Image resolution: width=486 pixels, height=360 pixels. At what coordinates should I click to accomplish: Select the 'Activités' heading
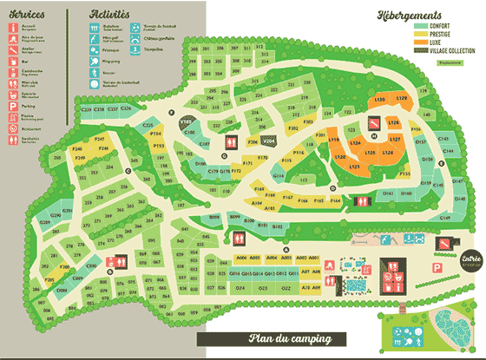110,15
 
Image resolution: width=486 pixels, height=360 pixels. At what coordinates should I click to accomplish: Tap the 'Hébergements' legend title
411,15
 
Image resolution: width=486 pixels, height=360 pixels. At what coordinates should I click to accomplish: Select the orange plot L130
379,101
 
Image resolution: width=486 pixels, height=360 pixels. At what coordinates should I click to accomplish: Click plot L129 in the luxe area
401,99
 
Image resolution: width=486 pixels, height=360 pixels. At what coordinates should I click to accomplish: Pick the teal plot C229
86,109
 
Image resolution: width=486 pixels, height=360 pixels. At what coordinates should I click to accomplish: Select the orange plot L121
353,165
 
